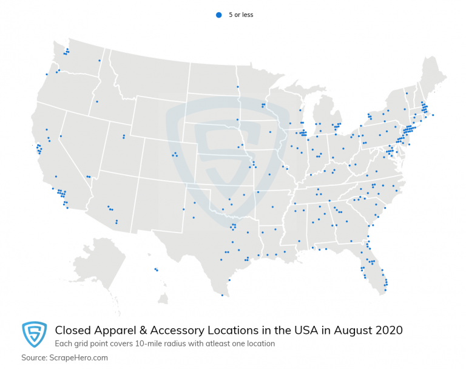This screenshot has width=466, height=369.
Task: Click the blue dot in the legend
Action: click(x=218, y=15)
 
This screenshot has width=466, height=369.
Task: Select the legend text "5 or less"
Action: click(x=241, y=15)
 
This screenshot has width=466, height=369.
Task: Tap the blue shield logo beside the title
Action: click(x=35, y=334)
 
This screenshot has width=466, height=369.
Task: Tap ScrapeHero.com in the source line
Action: click(x=80, y=357)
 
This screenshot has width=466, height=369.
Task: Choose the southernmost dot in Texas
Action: click(x=222, y=296)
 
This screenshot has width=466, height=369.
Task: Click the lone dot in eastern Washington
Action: click(x=100, y=61)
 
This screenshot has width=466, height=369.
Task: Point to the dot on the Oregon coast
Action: click(x=46, y=74)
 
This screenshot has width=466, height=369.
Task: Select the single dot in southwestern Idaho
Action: click(x=96, y=101)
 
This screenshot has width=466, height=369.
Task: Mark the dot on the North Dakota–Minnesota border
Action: click(x=237, y=87)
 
